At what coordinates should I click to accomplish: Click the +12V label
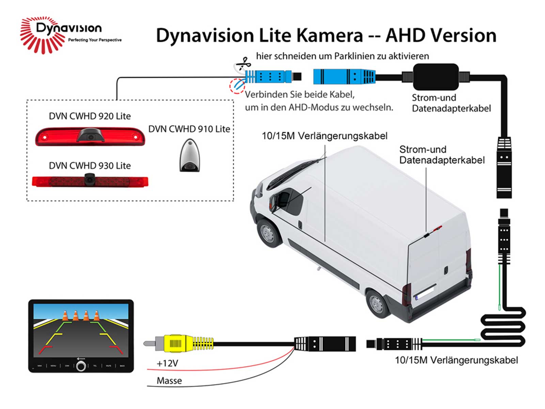[x=167, y=363]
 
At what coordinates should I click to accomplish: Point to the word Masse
[x=169, y=381]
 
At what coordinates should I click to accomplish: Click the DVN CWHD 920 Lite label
[x=90, y=116]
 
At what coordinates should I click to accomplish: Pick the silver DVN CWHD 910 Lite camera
[x=189, y=155]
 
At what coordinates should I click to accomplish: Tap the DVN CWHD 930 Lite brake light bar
[x=90, y=181]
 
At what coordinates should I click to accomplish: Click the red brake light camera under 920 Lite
[x=90, y=136]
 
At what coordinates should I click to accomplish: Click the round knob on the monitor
[x=81, y=366]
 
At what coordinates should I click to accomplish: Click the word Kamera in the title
[x=329, y=35]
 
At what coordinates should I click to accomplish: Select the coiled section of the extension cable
[x=503, y=327]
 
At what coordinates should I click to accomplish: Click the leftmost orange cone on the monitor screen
[x=65, y=316]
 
